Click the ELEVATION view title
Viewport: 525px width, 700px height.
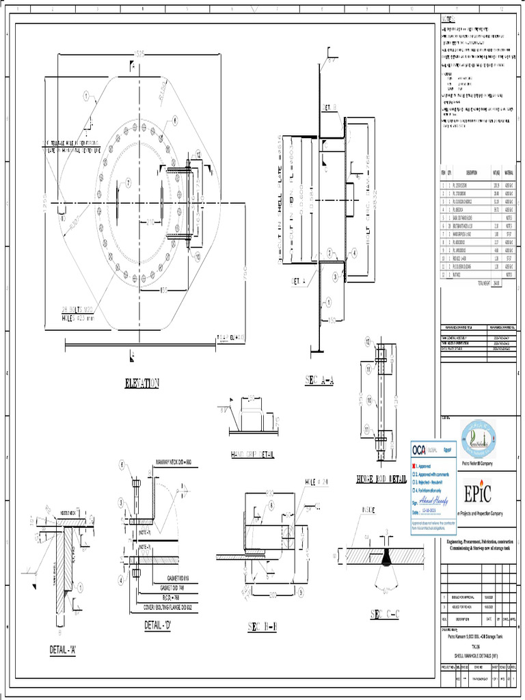pos(142,383)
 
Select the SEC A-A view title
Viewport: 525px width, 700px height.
pos(319,380)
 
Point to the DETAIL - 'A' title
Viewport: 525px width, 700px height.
pos(62,649)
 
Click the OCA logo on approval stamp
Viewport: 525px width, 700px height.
pos(419,450)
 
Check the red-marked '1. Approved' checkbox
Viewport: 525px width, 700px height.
pos(414,466)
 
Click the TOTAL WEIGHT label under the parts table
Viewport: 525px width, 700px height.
pos(484,282)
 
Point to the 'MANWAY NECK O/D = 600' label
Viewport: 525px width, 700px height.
pos(182,463)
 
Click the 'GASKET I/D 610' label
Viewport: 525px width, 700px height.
pos(174,578)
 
